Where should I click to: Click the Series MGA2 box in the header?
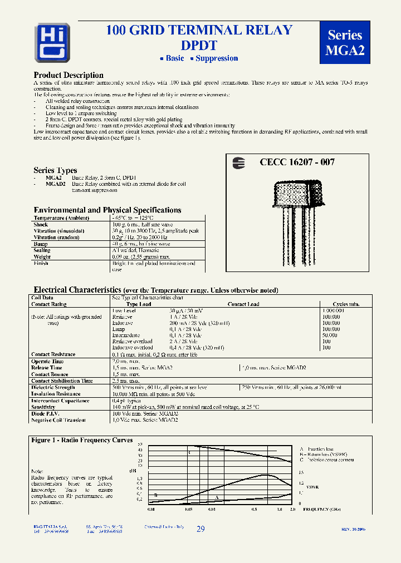click(x=345, y=42)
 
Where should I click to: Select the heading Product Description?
click(x=69, y=75)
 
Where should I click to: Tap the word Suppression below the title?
click(x=217, y=58)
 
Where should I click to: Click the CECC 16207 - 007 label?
click(x=297, y=162)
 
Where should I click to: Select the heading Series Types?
click(x=55, y=170)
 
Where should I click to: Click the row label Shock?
click(x=41, y=225)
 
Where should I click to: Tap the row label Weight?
click(x=42, y=257)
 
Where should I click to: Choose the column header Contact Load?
click(x=243, y=304)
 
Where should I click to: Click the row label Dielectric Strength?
click(x=53, y=387)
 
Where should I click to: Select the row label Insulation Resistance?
click(x=56, y=394)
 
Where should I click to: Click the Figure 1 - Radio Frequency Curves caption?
click(x=81, y=440)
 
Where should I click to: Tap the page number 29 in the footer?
click(x=200, y=529)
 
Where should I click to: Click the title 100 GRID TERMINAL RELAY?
click(x=199, y=31)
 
